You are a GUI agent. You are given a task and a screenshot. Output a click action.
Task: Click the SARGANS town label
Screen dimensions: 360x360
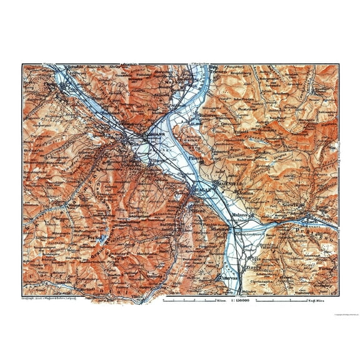139,133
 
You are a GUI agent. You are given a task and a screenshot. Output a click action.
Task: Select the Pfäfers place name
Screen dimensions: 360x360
198,203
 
